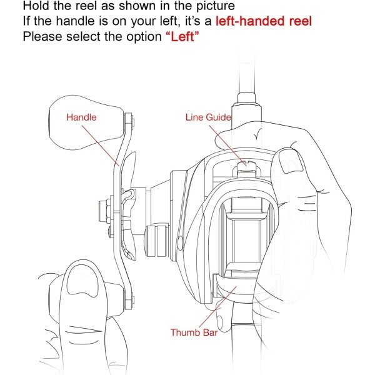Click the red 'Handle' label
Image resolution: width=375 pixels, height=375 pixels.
(x=81, y=117)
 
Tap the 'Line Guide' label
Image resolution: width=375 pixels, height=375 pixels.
(x=208, y=117)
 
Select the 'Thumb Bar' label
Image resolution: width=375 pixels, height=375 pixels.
(x=194, y=332)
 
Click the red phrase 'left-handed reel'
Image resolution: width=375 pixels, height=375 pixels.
(x=264, y=21)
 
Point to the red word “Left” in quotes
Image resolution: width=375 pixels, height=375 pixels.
(x=182, y=37)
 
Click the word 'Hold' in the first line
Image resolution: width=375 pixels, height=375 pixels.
(x=37, y=6)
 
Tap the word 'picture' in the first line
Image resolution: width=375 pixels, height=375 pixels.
(x=216, y=6)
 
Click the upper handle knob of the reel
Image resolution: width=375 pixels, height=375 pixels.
(x=87, y=122)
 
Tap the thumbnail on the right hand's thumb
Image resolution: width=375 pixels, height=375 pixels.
(x=291, y=161)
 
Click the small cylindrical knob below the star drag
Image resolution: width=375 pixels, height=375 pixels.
(x=157, y=241)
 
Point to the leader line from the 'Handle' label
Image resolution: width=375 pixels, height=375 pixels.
(x=101, y=146)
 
